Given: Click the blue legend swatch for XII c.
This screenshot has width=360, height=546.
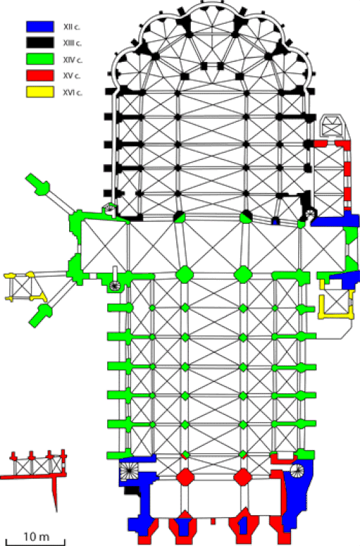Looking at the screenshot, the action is click(x=40, y=27).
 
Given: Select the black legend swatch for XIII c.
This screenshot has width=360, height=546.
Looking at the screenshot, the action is click(x=40, y=42).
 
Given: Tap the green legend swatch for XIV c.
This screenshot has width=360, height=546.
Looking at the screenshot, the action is click(x=40, y=59).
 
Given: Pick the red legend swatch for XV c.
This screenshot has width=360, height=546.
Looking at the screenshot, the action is click(x=40, y=76).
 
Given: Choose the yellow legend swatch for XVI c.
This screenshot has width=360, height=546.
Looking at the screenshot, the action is click(x=40, y=92).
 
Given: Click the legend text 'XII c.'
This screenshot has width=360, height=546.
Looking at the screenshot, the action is click(x=72, y=27).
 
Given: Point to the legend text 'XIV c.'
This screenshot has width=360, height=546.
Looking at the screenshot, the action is click(x=73, y=60).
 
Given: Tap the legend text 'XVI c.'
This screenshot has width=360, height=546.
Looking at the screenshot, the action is click(x=73, y=93).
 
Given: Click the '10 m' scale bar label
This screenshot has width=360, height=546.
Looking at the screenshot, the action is click(x=36, y=537).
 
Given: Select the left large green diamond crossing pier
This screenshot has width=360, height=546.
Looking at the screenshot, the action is click(x=184, y=274).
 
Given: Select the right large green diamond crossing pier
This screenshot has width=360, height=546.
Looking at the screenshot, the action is click(x=243, y=274).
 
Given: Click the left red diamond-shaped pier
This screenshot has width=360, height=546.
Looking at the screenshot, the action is click(x=185, y=477).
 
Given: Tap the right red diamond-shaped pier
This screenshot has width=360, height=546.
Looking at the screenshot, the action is click(x=243, y=477).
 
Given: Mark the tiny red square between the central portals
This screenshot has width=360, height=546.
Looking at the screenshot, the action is click(x=213, y=522).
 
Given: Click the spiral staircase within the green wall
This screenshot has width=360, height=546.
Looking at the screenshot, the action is click(x=114, y=286).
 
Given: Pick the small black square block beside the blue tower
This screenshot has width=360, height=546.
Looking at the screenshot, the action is click(x=132, y=491).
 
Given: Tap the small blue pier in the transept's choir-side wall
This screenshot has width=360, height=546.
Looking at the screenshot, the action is click(x=275, y=221).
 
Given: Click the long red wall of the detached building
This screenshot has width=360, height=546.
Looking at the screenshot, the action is click(x=33, y=475).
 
